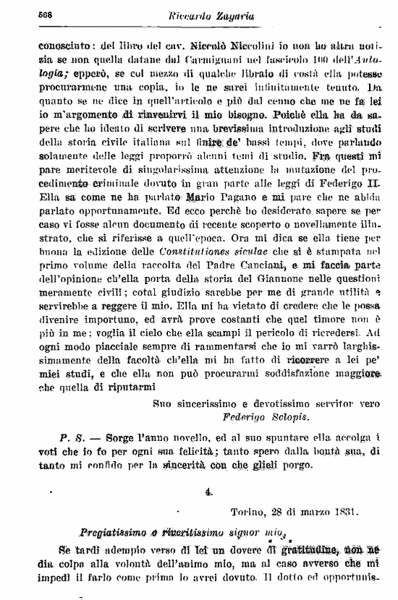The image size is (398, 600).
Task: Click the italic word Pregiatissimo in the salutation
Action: pyautogui.click(x=119, y=535)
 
